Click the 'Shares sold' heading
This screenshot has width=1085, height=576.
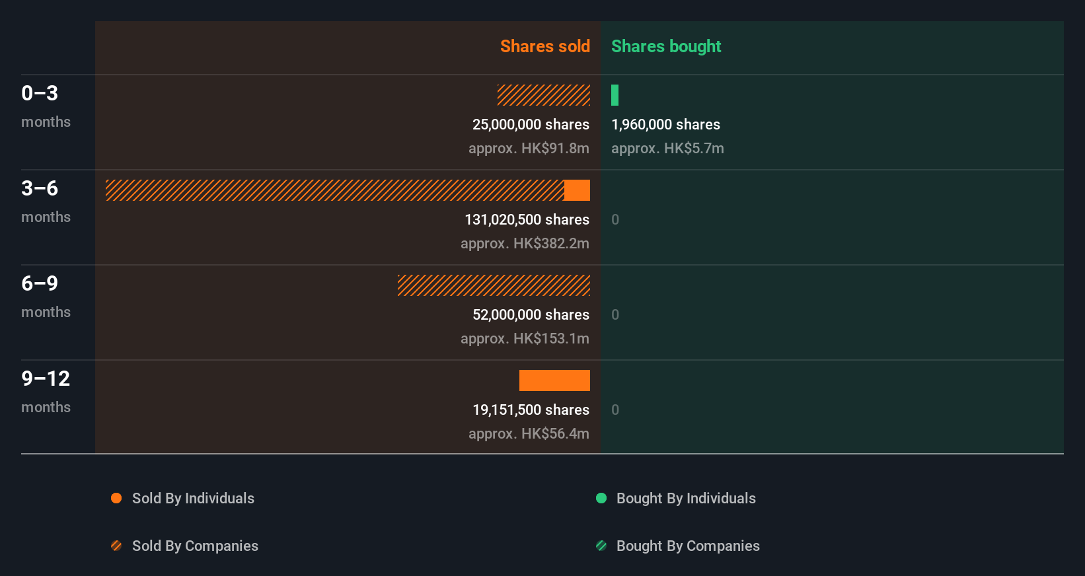tap(544, 46)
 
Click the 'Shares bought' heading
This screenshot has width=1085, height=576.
tap(665, 46)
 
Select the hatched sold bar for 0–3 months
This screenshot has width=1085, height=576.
tap(543, 95)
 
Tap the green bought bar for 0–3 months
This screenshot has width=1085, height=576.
tap(615, 95)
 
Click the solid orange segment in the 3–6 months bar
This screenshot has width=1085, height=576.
tap(577, 190)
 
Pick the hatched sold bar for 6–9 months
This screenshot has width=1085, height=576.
tap(494, 285)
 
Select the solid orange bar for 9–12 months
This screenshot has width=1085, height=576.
tap(554, 380)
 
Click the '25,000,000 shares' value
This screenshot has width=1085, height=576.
tap(531, 124)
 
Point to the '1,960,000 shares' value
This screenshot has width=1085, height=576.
tap(665, 124)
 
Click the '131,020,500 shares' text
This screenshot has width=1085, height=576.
tap(527, 219)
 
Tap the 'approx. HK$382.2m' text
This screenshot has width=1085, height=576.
tap(525, 243)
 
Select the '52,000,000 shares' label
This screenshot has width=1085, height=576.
tap(531, 314)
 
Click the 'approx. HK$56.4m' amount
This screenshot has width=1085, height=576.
tap(529, 433)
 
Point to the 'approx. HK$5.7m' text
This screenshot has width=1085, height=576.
tap(667, 148)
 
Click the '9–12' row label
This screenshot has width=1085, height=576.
tap(46, 378)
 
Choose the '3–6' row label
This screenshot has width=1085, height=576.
tap(40, 188)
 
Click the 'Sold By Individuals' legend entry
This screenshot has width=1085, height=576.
tap(192, 498)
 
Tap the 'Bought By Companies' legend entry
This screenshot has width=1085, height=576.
tap(687, 546)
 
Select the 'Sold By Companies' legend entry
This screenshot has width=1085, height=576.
tap(194, 546)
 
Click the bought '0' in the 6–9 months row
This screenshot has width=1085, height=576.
tap(615, 314)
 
